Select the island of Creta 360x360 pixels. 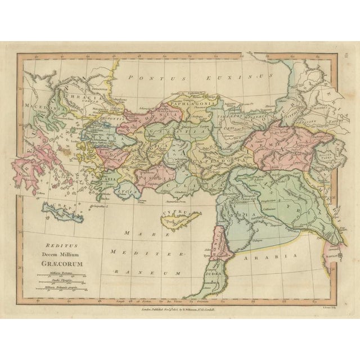point(67,212)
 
